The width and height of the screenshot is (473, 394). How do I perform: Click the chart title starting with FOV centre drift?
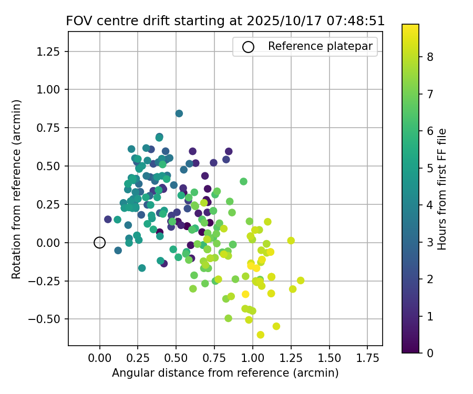225,21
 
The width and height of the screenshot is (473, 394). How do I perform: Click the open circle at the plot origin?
100,242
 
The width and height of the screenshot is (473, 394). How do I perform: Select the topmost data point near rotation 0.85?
179,113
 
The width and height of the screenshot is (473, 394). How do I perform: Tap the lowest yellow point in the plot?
260,335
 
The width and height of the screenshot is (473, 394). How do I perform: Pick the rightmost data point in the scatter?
301,281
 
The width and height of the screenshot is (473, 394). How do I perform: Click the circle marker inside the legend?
248,47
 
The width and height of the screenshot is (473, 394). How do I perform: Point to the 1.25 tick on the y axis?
52,51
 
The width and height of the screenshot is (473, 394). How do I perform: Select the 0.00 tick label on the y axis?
52,243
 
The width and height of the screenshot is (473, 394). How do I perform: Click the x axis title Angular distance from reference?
225,373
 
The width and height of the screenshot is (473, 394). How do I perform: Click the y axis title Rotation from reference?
17,189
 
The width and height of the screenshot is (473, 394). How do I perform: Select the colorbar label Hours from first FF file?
443,189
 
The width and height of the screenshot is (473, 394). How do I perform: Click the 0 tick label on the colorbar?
430,353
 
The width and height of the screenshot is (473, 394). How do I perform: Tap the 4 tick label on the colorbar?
430,205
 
